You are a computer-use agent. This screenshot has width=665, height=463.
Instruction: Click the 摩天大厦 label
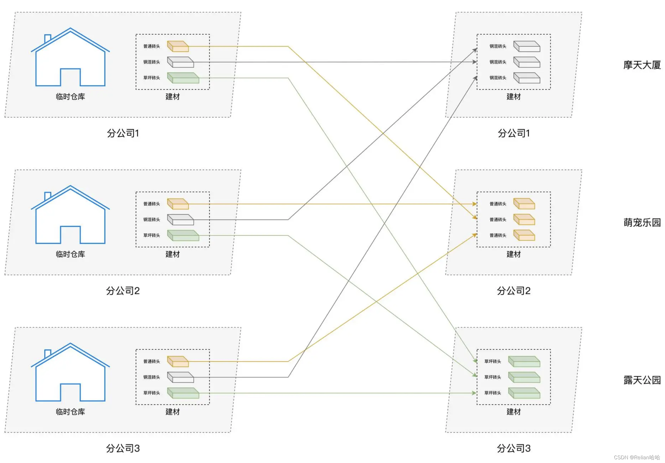[642, 65]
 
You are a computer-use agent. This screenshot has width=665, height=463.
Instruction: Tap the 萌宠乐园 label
[642, 223]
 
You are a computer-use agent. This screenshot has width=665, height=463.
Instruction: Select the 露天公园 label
[642, 380]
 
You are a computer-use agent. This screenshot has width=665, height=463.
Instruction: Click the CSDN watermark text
[637, 457]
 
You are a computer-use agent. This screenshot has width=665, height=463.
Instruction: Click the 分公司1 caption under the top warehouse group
[123, 133]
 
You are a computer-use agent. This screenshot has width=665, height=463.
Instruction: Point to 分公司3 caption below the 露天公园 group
[514, 448]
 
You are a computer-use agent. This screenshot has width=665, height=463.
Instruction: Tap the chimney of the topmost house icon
[48, 38]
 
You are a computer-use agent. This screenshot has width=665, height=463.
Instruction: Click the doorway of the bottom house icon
[70, 392]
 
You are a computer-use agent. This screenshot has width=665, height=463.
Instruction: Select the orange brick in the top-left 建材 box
[178, 46]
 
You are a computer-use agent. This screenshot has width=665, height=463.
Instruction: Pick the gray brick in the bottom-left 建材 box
[180, 377]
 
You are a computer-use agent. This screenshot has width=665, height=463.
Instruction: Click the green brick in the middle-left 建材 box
[183, 236]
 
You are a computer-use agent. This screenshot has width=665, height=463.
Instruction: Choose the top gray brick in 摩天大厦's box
[527, 46]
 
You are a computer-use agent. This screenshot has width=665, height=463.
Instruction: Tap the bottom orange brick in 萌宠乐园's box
[524, 236]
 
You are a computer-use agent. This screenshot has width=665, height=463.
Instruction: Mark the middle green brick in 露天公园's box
[524, 377]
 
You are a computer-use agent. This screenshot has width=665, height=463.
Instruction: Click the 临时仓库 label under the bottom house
[70, 412]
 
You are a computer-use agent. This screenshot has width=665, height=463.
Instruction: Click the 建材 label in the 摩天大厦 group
[514, 97]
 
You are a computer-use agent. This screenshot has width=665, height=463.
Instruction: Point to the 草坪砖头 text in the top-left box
[151, 78]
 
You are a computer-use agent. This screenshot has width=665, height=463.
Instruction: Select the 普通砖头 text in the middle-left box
[151, 204]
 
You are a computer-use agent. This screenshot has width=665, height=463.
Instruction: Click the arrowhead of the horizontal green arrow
[474, 393]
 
